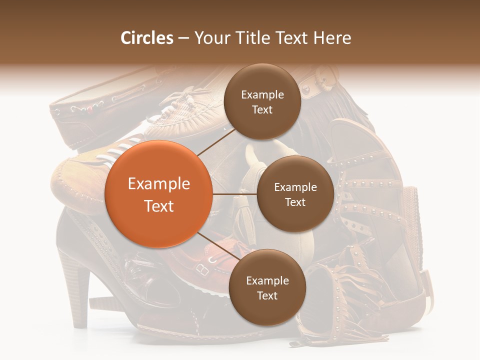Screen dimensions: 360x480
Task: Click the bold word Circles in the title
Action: pyautogui.click(x=146, y=38)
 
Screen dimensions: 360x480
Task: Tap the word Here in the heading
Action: pyautogui.click(x=332, y=38)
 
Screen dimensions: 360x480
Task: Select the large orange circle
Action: pyautogui.click(x=159, y=194)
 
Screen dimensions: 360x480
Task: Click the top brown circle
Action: pyautogui.click(x=262, y=102)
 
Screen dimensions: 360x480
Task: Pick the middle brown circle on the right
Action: pyautogui.click(x=295, y=194)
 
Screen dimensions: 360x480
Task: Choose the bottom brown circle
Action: pyautogui.click(x=267, y=287)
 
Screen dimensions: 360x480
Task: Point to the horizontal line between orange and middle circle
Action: pyautogui.click(x=234, y=194)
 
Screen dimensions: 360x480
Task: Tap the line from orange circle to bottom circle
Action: pyautogui.click(x=218, y=247)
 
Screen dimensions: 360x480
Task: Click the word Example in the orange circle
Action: pyautogui.click(x=159, y=183)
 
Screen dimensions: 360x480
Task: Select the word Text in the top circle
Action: pyautogui.click(x=262, y=109)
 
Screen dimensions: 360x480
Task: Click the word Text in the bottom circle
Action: pyautogui.click(x=267, y=295)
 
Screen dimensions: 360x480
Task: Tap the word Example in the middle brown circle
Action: pyautogui.click(x=295, y=187)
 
